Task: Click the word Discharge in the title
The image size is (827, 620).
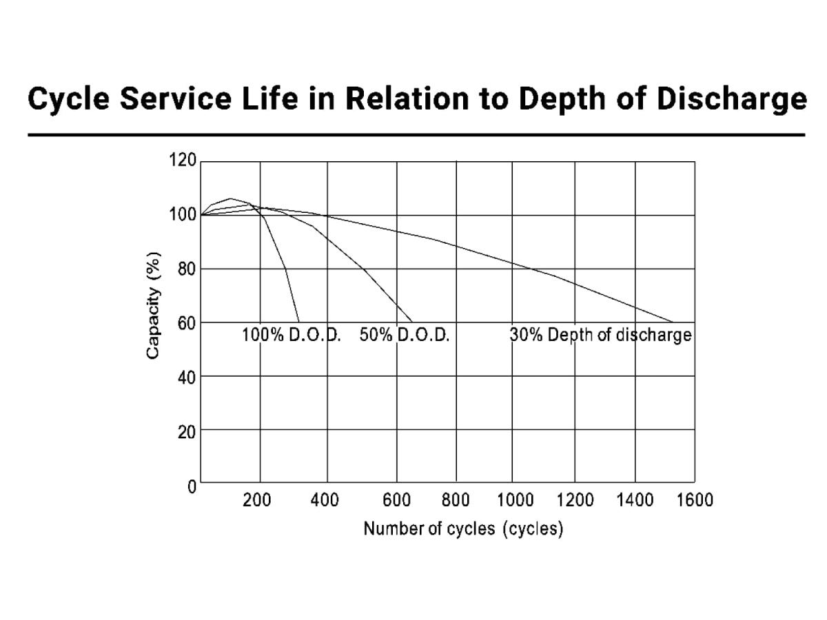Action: [x=731, y=99]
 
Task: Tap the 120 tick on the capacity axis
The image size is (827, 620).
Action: [x=183, y=161]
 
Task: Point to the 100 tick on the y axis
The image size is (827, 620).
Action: [x=183, y=215]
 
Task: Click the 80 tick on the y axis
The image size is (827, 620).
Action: [x=186, y=269]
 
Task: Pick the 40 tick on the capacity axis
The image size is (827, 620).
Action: [x=186, y=377]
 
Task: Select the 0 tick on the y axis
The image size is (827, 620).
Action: [x=192, y=486]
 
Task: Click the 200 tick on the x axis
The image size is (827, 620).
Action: [x=257, y=500]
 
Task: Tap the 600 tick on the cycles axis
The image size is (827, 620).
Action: [x=396, y=500]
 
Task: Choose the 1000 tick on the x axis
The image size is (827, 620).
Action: [x=515, y=500]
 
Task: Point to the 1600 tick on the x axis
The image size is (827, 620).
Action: [x=695, y=500]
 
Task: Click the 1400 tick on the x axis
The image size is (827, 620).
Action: [x=635, y=500]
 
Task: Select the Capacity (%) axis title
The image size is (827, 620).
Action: [x=153, y=304]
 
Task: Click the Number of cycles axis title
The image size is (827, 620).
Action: [x=463, y=529]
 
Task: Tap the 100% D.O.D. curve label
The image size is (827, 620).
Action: [x=292, y=335]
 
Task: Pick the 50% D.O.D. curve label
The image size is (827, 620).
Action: [x=405, y=335]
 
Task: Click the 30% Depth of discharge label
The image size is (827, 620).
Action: [x=600, y=335]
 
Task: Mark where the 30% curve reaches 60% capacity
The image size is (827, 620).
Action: [x=673, y=322]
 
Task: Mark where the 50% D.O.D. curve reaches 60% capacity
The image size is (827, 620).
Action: [x=412, y=322]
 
